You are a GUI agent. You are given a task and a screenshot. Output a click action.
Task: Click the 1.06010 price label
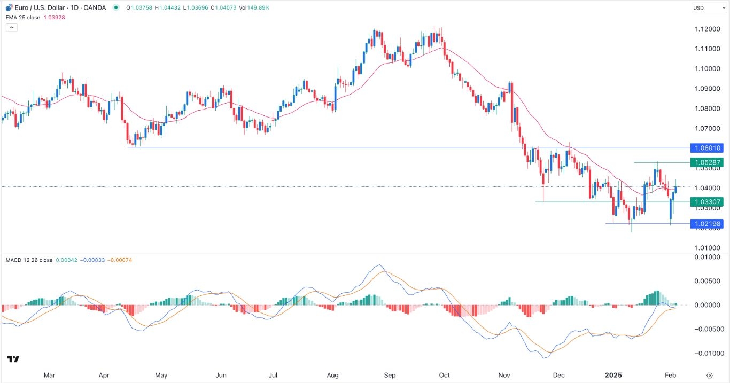tap(706, 148)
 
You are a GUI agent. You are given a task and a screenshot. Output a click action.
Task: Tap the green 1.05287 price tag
tap(706, 162)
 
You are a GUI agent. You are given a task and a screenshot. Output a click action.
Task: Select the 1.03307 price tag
tap(706, 202)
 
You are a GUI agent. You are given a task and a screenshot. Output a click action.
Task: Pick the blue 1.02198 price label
tap(706, 224)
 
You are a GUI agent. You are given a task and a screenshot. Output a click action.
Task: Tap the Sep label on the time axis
tap(390, 376)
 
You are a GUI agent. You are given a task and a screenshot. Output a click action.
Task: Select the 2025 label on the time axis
tap(612, 376)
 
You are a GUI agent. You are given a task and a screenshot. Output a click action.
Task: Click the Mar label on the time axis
tap(49, 376)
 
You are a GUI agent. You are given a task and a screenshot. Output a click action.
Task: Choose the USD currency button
tap(700, 7)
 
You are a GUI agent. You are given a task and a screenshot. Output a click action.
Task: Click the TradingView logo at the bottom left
tap(13, 359)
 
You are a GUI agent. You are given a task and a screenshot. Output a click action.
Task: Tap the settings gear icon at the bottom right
tap(709, 376)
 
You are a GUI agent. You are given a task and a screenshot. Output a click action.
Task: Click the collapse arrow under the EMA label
tap(12, 27)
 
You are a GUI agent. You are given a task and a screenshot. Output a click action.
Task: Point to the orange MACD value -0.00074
tap(120, 260)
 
